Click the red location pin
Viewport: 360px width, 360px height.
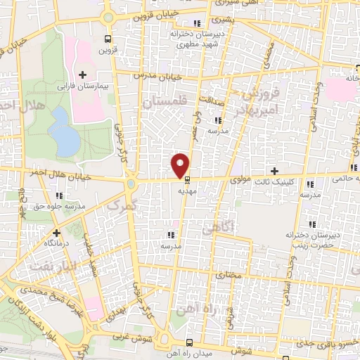coord(181,165)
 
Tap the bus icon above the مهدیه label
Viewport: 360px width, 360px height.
coord(186,179)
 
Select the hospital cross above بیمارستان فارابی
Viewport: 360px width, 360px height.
coord(83,73)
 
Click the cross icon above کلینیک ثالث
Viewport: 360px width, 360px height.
coord(275,171)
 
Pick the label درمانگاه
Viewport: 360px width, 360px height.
coord(55,241)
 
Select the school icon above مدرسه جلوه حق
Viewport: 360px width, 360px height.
coord(59,195)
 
